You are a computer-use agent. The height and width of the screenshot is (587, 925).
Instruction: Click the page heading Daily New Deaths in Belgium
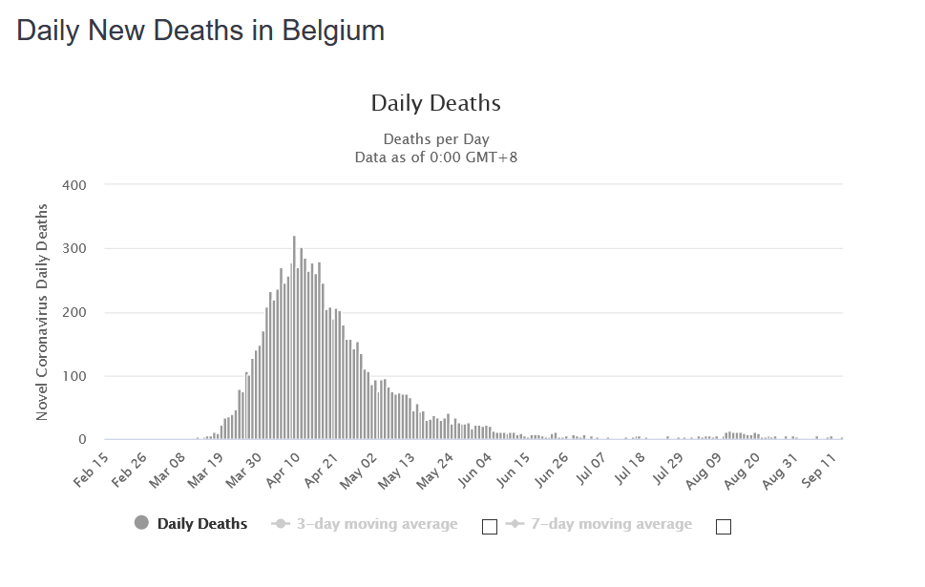pyautogui.click(x=200, y=31)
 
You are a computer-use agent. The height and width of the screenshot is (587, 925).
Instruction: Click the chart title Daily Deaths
pyautogui.click(x=435, y=103)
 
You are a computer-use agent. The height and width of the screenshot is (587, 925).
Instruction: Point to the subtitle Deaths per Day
pyautogui.click(x=436, y=139)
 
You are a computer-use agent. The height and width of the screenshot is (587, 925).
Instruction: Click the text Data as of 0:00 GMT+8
pyautogui.click(x=436, y=157)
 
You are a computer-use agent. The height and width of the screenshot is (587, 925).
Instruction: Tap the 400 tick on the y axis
pyautogui.click(x=75, y=185)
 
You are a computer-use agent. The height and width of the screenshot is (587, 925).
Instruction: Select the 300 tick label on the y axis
pyautogui.click(x=75, y=249)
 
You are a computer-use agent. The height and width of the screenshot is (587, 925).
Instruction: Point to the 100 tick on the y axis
pyautogui.click(x=75, y=376)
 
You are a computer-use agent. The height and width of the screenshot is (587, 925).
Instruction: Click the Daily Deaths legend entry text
pyautogui.click(x=202, y=524)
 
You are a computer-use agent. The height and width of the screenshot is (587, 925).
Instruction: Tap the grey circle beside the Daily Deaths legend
pyautogui.click(x=142, y=523)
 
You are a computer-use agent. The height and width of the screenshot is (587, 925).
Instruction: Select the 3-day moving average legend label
pyautogui.click(x=376, y=524)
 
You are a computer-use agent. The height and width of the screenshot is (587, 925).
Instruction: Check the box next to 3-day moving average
pyautogui.click(x=490, y=526)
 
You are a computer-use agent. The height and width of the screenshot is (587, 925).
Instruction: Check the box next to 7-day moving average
pyautogui.click(x=723, y=526)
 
